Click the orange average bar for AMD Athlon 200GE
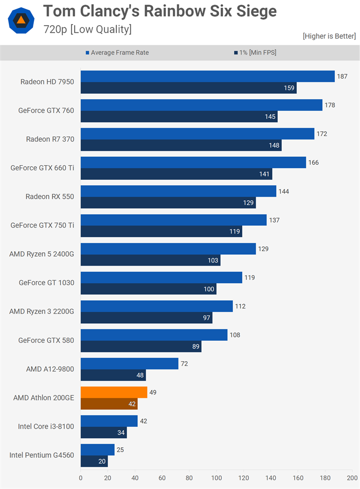[114, 392]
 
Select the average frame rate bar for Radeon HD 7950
[207, 76]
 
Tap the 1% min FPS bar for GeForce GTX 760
[178, 117]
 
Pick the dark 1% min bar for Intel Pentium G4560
[94, 462]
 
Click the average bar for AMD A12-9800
[129, 363]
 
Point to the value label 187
[342, 76]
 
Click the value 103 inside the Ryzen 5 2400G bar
[212, 261]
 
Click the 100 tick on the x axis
[217, 477]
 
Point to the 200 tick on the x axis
[352, 477]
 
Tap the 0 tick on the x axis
[81, 477]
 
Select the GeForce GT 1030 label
[46, 283]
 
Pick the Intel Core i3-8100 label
[45, 426]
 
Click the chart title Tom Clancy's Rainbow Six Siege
[159, 11]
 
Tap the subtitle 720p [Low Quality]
[87, 29]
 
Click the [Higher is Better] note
[329, 36]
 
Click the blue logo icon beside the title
[21, 21]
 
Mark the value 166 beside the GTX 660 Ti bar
[313, 163]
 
